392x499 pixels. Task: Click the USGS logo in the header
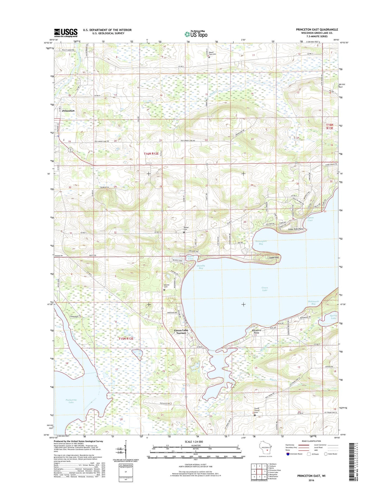point(66,33)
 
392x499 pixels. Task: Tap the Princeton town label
point(68,111)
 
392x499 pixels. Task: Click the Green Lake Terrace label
point(181,332)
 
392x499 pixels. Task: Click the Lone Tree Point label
point(295,229)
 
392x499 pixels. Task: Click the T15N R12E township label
point(126,339)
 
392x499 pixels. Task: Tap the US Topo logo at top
point(196,34)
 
